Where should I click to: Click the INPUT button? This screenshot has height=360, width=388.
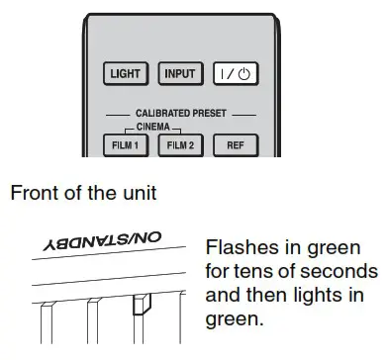pos(179,73)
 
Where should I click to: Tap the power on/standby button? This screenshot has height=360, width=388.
pos(235,73)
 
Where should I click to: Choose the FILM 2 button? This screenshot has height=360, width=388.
pos(179,143)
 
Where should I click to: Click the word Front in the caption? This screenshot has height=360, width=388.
pos(35,193)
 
